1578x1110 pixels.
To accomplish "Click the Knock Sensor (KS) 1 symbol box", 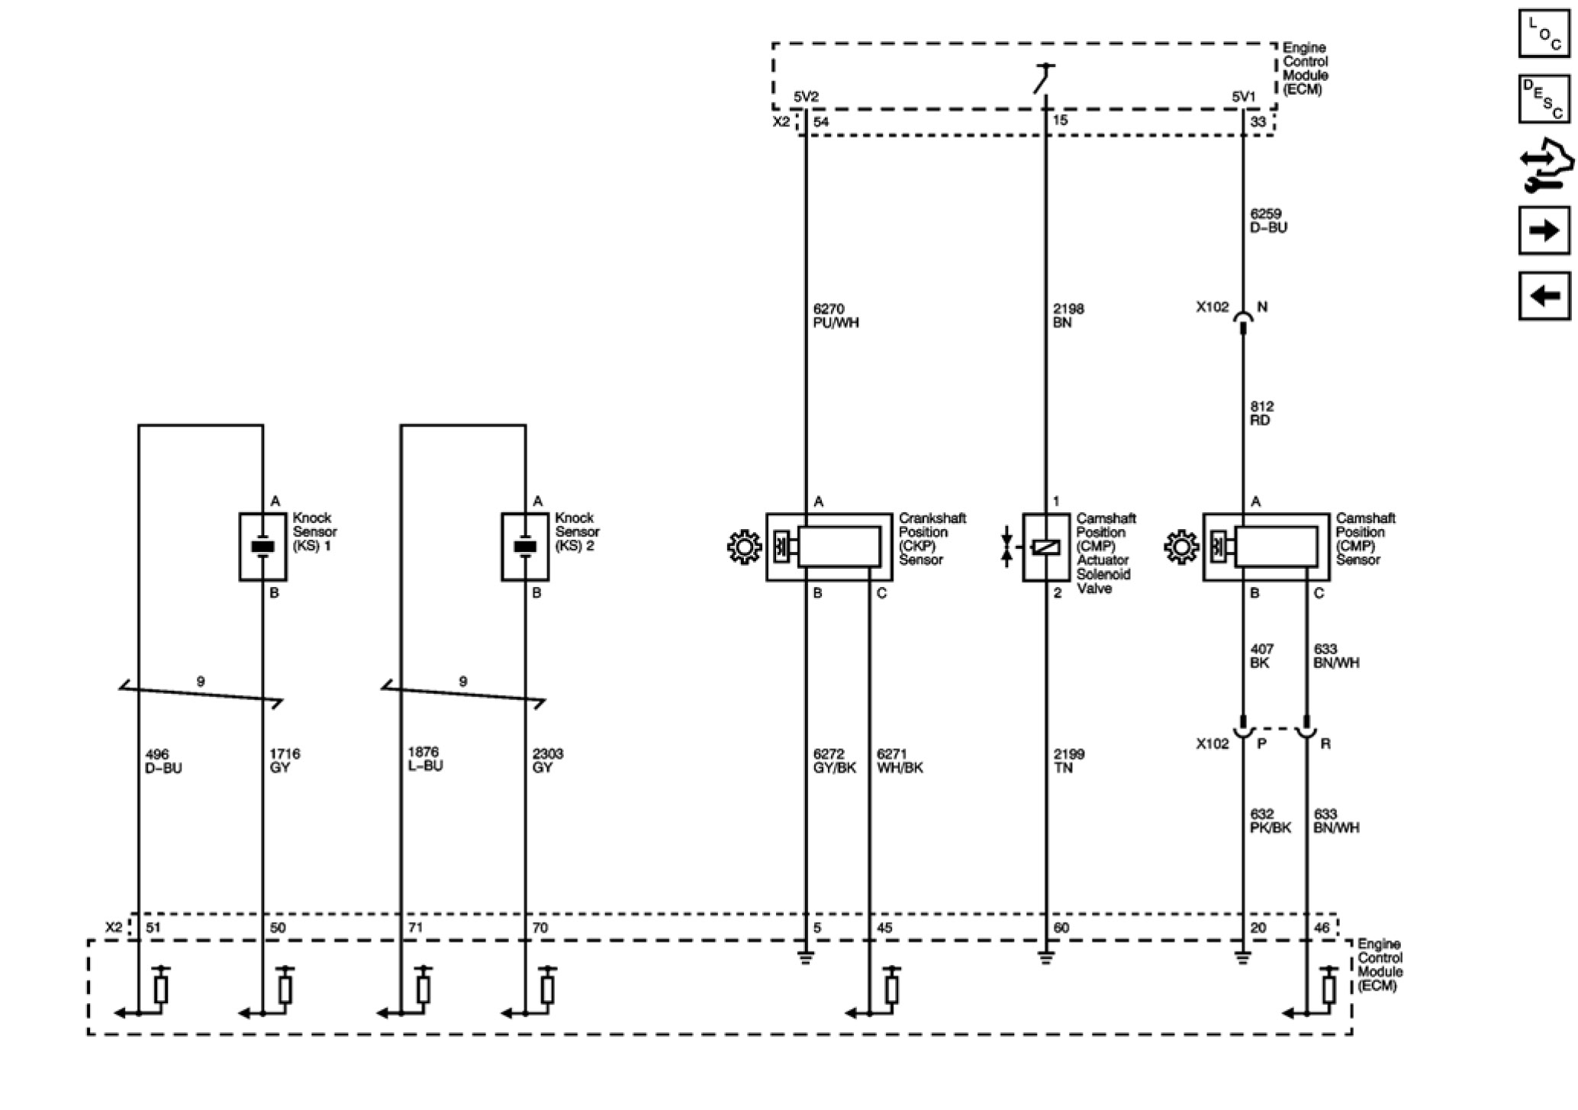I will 262,547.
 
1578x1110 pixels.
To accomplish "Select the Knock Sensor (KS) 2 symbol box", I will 525,547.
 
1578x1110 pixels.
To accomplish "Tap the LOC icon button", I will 1544,34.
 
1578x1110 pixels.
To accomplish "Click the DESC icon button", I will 1544,99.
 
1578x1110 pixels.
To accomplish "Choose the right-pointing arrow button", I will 1544,230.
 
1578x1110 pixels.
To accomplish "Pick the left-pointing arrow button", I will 1544,295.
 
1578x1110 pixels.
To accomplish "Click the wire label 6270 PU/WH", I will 836,315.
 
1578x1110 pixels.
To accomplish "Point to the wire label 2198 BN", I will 1068,315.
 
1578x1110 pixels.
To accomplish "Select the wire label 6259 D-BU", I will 1268,221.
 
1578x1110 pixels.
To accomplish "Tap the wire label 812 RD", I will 1261,413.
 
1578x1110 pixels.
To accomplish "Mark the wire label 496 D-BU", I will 163,761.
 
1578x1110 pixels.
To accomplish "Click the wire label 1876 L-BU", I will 425,759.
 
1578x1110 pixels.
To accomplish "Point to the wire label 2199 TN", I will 1068,760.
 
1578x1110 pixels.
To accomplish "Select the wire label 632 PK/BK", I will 1270,821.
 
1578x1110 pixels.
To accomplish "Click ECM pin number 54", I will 821,121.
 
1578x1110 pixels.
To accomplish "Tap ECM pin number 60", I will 1061,928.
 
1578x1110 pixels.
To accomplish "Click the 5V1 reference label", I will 1243,97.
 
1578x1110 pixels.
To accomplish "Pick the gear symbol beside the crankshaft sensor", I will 744,547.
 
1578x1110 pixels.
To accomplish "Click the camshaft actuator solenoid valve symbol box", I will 1045,547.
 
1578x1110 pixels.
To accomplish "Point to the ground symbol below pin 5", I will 806,957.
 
